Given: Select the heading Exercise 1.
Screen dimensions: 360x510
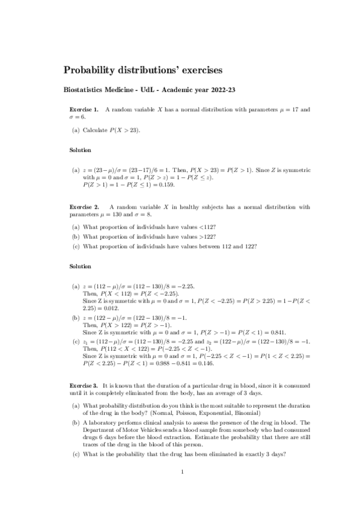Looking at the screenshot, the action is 84,109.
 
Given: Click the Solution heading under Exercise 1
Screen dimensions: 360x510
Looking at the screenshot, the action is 80,150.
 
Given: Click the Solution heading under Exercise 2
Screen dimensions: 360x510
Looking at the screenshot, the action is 80,265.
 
